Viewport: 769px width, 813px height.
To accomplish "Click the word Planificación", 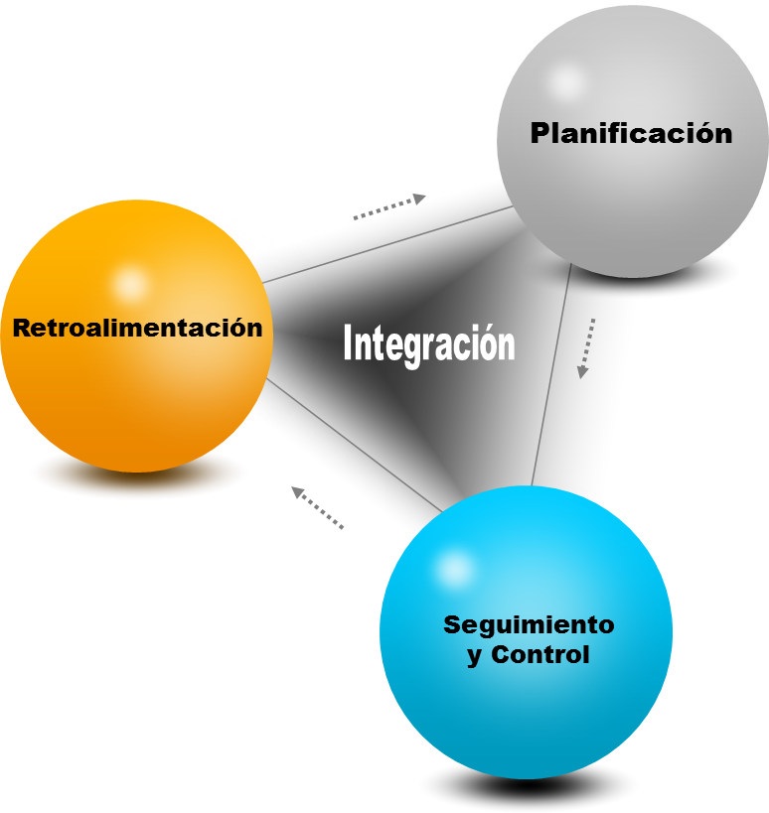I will click(x=631, y=132).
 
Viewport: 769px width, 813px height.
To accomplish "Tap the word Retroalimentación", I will click(x=137, y=328).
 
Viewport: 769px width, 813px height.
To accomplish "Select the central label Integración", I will click(x=428, y=344).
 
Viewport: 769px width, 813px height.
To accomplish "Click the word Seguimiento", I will click(x=529, y=624).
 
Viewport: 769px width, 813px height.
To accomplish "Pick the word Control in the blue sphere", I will click(x=540, y=655).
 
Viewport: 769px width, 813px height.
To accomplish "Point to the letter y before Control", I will click(x=475, y=657).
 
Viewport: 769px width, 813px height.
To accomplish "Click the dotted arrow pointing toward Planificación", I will click(x=388, y=206).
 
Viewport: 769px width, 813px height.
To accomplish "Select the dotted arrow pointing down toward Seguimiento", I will click(x=587, y=348).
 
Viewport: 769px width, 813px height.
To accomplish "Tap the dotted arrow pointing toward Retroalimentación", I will click(x=317, y=507).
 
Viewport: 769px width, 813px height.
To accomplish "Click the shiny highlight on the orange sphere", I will click(x=129, y=284).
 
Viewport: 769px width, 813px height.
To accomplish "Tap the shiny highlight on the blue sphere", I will click(x=455, y=569).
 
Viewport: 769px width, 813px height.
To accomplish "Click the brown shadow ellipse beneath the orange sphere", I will click(x=138, y=474).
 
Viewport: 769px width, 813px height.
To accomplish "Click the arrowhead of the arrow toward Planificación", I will click(x=419, y=199).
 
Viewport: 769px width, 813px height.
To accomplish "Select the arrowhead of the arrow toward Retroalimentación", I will click(x=297, y=491).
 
